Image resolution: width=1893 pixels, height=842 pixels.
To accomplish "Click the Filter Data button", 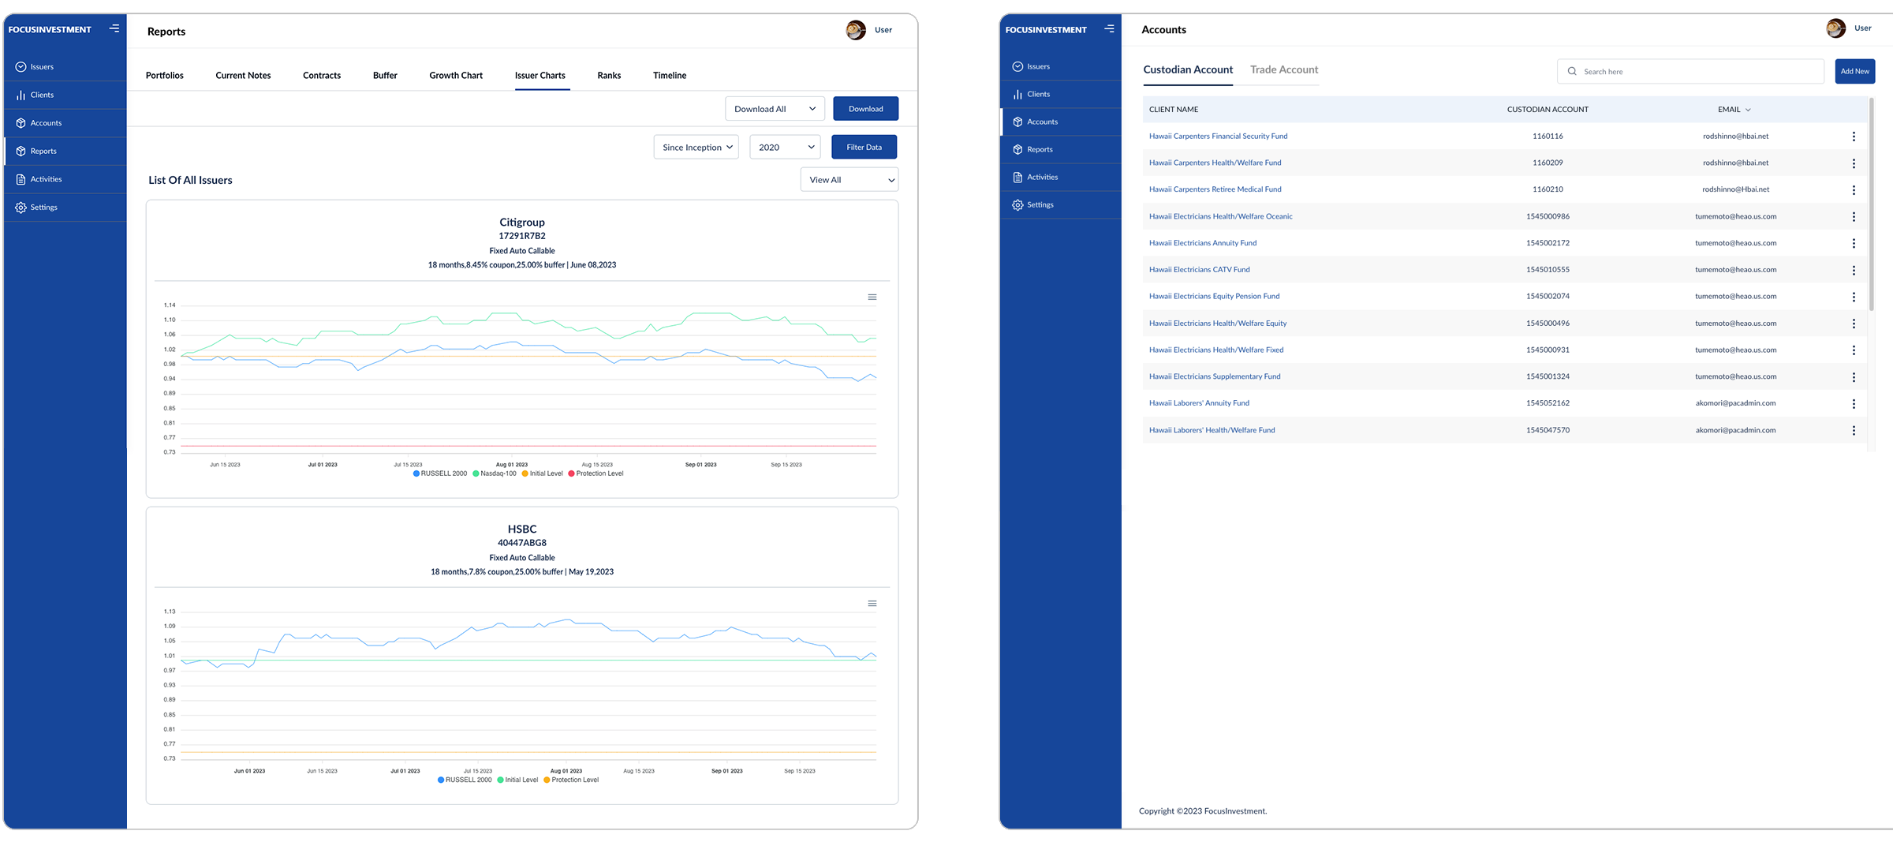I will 864,148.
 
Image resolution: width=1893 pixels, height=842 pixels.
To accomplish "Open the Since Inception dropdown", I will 696,148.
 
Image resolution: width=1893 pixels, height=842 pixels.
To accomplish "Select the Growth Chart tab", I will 456,76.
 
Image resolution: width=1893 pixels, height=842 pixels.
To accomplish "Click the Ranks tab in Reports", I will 609,76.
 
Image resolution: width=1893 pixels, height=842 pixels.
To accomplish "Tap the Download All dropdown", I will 774,109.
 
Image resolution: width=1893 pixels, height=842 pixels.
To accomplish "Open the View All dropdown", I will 849,180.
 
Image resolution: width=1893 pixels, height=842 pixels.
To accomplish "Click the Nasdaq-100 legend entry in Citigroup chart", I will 495,473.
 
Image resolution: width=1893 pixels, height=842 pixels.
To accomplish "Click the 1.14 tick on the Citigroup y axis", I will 170,305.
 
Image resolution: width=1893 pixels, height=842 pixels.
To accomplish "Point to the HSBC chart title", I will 522,529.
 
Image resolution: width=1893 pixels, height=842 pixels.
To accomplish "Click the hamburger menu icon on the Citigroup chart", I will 872,298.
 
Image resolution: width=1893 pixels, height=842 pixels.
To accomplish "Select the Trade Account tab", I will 1283,69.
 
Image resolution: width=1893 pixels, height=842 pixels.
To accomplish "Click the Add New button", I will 1854,71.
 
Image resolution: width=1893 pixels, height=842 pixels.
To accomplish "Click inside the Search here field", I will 1696,72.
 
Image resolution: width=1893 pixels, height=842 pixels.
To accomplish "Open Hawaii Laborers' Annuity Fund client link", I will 1199,403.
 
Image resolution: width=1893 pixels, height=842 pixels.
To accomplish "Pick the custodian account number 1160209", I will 1548,163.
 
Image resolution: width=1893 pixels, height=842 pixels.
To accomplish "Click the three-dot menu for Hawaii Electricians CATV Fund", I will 1854,270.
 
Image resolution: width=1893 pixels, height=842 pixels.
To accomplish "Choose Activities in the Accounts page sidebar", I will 1042,177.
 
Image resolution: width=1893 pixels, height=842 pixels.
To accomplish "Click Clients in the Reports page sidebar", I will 42,95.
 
